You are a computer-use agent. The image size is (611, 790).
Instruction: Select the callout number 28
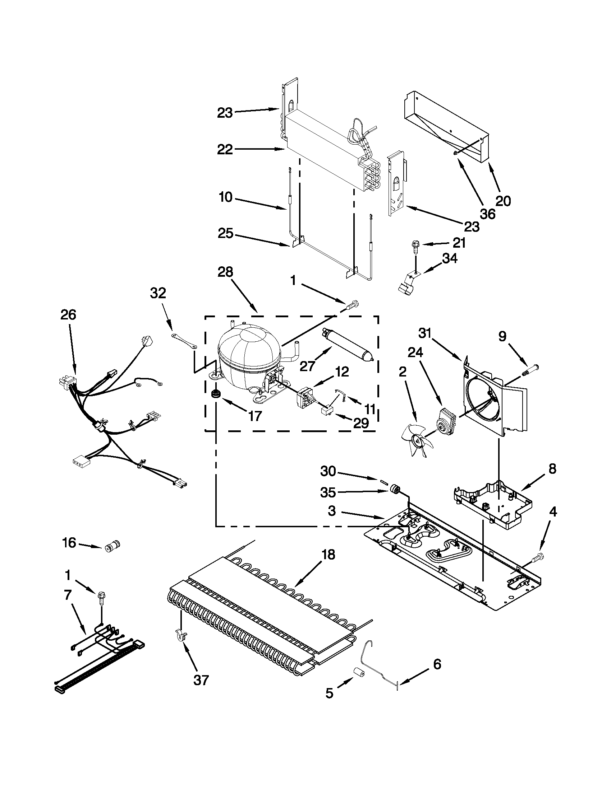(225, 272)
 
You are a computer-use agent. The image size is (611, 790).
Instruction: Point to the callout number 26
(68, 315)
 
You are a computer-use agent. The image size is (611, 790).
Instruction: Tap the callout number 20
(503, 200)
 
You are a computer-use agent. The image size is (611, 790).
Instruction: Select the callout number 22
(225, 149)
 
